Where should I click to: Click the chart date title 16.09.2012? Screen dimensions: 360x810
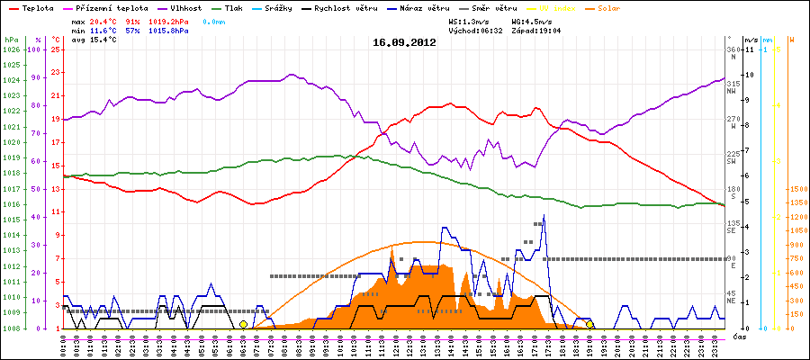tap(404, 42)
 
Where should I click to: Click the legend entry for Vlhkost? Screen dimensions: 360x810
tap(185, 7)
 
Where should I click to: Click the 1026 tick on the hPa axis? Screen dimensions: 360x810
tap(11, 49)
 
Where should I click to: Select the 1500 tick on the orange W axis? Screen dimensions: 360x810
tap(772, 190)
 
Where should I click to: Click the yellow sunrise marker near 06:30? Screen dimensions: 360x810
tap(243, 324)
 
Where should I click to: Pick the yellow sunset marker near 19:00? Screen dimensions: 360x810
tap(589, 324)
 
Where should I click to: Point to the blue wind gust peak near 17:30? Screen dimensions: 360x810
tap(544, 216)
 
